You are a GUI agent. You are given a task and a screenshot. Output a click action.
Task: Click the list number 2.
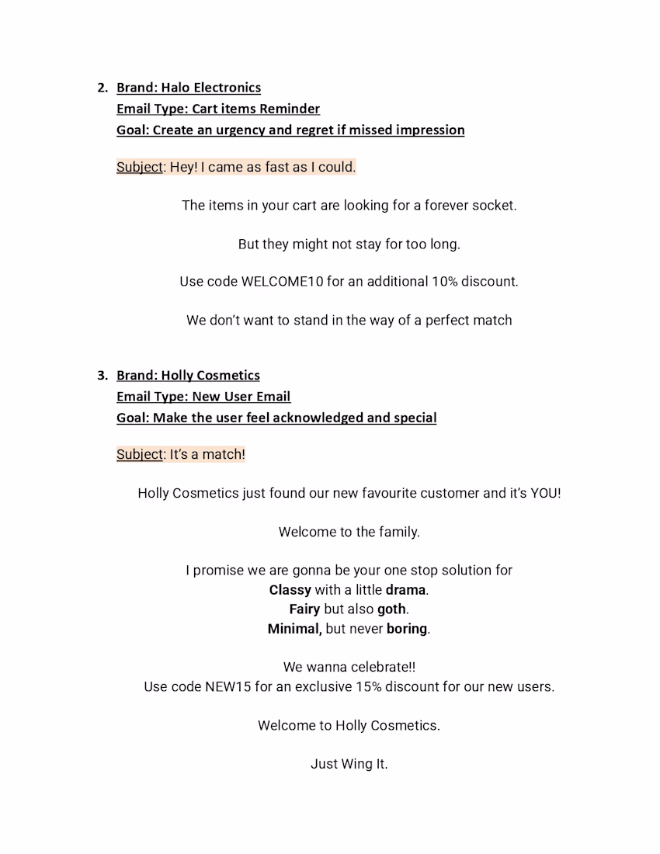point(102,88)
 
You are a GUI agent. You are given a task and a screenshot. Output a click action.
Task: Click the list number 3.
point(102,376)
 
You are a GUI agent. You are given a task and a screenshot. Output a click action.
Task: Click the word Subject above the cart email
point(140,167)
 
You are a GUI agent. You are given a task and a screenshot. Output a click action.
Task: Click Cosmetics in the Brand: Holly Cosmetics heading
point(228,376)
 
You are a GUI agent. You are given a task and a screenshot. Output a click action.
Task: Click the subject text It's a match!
point(207,455)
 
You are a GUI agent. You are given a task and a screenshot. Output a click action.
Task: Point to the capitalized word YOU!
point(545,494)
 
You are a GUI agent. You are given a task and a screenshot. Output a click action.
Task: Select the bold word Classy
point(290,590)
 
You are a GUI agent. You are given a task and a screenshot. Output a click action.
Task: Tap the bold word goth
point(391,609)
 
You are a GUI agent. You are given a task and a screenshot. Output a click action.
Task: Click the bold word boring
point(407,629)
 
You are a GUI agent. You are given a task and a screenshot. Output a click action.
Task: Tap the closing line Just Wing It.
point(349,764)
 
